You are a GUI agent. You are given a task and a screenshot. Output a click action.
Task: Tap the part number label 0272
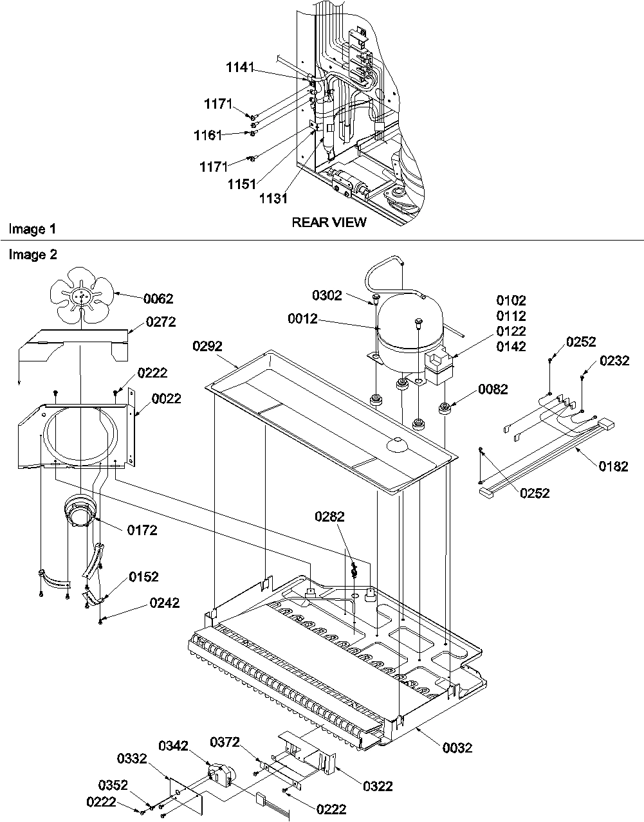tap(160, 321)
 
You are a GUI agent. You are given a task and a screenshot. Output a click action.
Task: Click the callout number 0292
tap(207, 346)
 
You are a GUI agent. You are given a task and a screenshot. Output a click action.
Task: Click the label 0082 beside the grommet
tap(493, 389)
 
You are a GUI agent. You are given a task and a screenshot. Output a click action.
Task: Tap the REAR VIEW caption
tap(329, 223)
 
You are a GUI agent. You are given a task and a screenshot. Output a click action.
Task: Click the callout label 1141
tap(240, 67)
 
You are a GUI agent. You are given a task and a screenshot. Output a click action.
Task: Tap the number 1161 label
tap(208, 135)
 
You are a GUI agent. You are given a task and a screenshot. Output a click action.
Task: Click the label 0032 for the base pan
tap(457, 747)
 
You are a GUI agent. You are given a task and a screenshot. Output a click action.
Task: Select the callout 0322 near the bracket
tap(377, 786)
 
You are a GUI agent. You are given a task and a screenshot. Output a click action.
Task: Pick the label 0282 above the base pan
tap(330, 516)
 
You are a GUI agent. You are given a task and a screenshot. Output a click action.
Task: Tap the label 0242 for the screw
tap(164, 603)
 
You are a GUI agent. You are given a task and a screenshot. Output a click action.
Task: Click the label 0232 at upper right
tap(615, 361)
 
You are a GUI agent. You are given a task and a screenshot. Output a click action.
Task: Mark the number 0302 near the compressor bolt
tap(327, 296)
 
